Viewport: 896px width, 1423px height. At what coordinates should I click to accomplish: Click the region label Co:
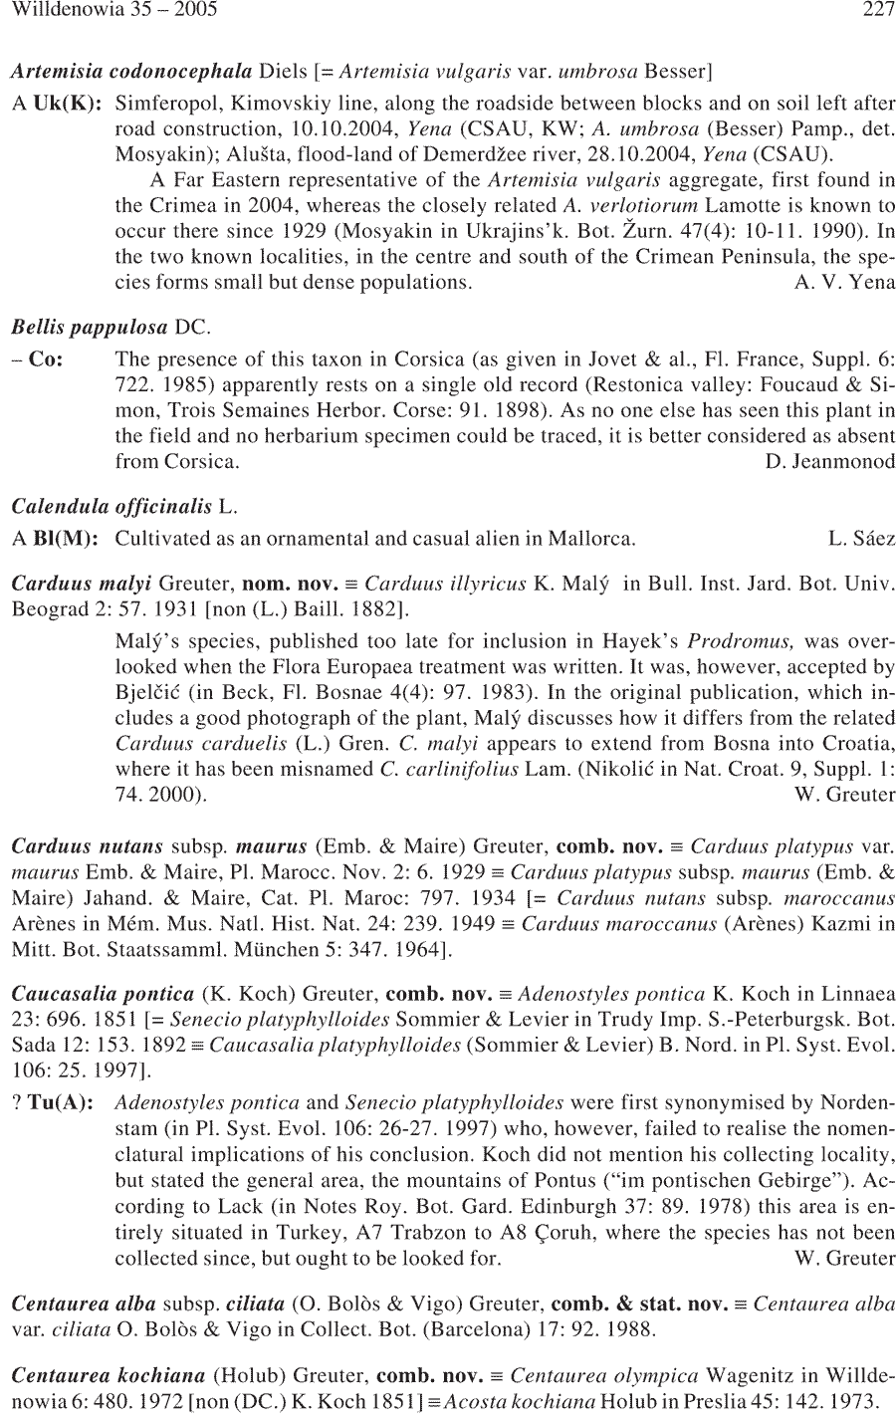click(47, 358)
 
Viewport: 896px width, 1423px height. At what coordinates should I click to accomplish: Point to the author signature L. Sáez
click(861, 539)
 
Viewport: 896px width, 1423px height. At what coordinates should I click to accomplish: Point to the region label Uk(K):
click(68, 103)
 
